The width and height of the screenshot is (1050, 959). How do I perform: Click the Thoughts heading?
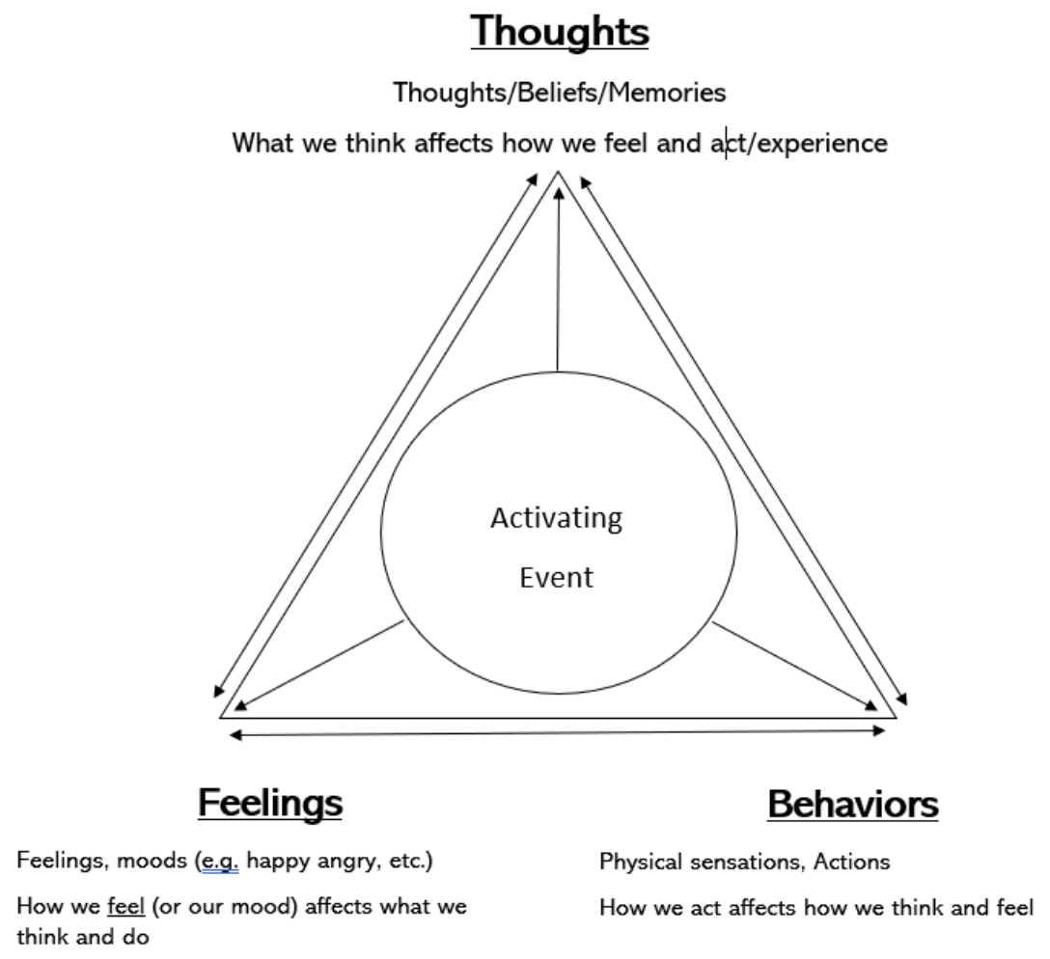tap(560, 32)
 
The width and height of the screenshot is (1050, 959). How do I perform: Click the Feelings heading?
tap(270, 802)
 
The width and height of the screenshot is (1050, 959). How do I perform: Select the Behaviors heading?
tap(852, 804)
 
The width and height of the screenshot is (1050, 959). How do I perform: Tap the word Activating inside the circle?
tap(556, 518)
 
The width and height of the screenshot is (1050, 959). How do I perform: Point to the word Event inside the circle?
tap(556, 578)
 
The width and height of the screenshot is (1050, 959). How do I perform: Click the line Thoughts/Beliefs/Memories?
tap(560, 94)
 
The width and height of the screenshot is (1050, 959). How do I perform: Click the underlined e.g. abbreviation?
tap(218, 862)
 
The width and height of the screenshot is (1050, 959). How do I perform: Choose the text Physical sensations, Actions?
tap(744, 862)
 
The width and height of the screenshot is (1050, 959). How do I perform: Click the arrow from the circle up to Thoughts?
tap(558, 280)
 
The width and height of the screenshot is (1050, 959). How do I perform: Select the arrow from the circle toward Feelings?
tap(318, 666)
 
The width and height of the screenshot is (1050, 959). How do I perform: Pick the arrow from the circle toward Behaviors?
tap(796, 666)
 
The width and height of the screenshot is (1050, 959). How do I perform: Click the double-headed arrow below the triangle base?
tap(558, 734)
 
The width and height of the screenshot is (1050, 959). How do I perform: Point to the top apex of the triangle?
tap(558, 173)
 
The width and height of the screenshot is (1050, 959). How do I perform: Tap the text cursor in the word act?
tap(727, 144)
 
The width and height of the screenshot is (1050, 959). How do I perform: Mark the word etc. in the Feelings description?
tap(407, 862)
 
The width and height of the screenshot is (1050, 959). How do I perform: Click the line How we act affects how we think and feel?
tap(815, 908)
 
